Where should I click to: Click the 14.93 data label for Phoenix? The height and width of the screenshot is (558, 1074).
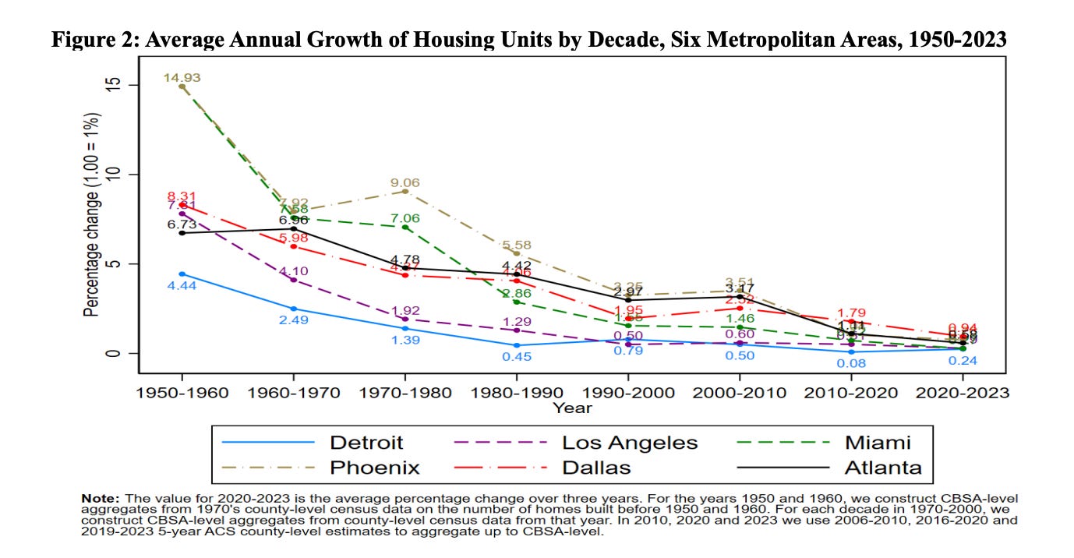click(182, 76)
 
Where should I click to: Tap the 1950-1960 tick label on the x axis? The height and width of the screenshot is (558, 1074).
click(182, 393)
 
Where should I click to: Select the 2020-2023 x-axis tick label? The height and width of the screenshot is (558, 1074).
click(963, 393)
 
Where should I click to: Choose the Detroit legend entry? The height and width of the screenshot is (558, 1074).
click(366, 443)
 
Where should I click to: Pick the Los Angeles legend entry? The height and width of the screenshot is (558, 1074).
click(630, 443)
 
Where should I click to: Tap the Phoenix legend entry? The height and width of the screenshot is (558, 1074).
click(375, 468)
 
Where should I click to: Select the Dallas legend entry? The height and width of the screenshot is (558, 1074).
click(597, 468)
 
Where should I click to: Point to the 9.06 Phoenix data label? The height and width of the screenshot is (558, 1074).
click(405, 183)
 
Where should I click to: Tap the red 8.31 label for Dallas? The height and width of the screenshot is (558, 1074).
click(182, 196)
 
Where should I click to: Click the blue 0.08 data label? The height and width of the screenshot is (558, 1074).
click(851, 362)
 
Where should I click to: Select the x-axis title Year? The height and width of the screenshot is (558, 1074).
click(572, 408)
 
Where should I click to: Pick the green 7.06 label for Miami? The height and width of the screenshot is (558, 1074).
click(405, 218)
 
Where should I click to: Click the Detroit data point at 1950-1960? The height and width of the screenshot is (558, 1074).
click(182, 274)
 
